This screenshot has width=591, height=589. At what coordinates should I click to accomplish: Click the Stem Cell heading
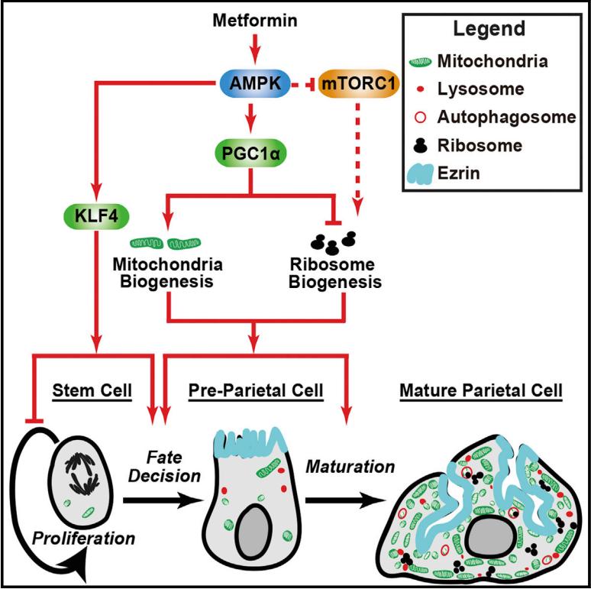(x=93, y=391)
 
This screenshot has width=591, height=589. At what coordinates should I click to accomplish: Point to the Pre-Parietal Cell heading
(x=256, y=391)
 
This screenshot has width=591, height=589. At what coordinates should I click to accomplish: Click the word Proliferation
(x=85, y=538)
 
